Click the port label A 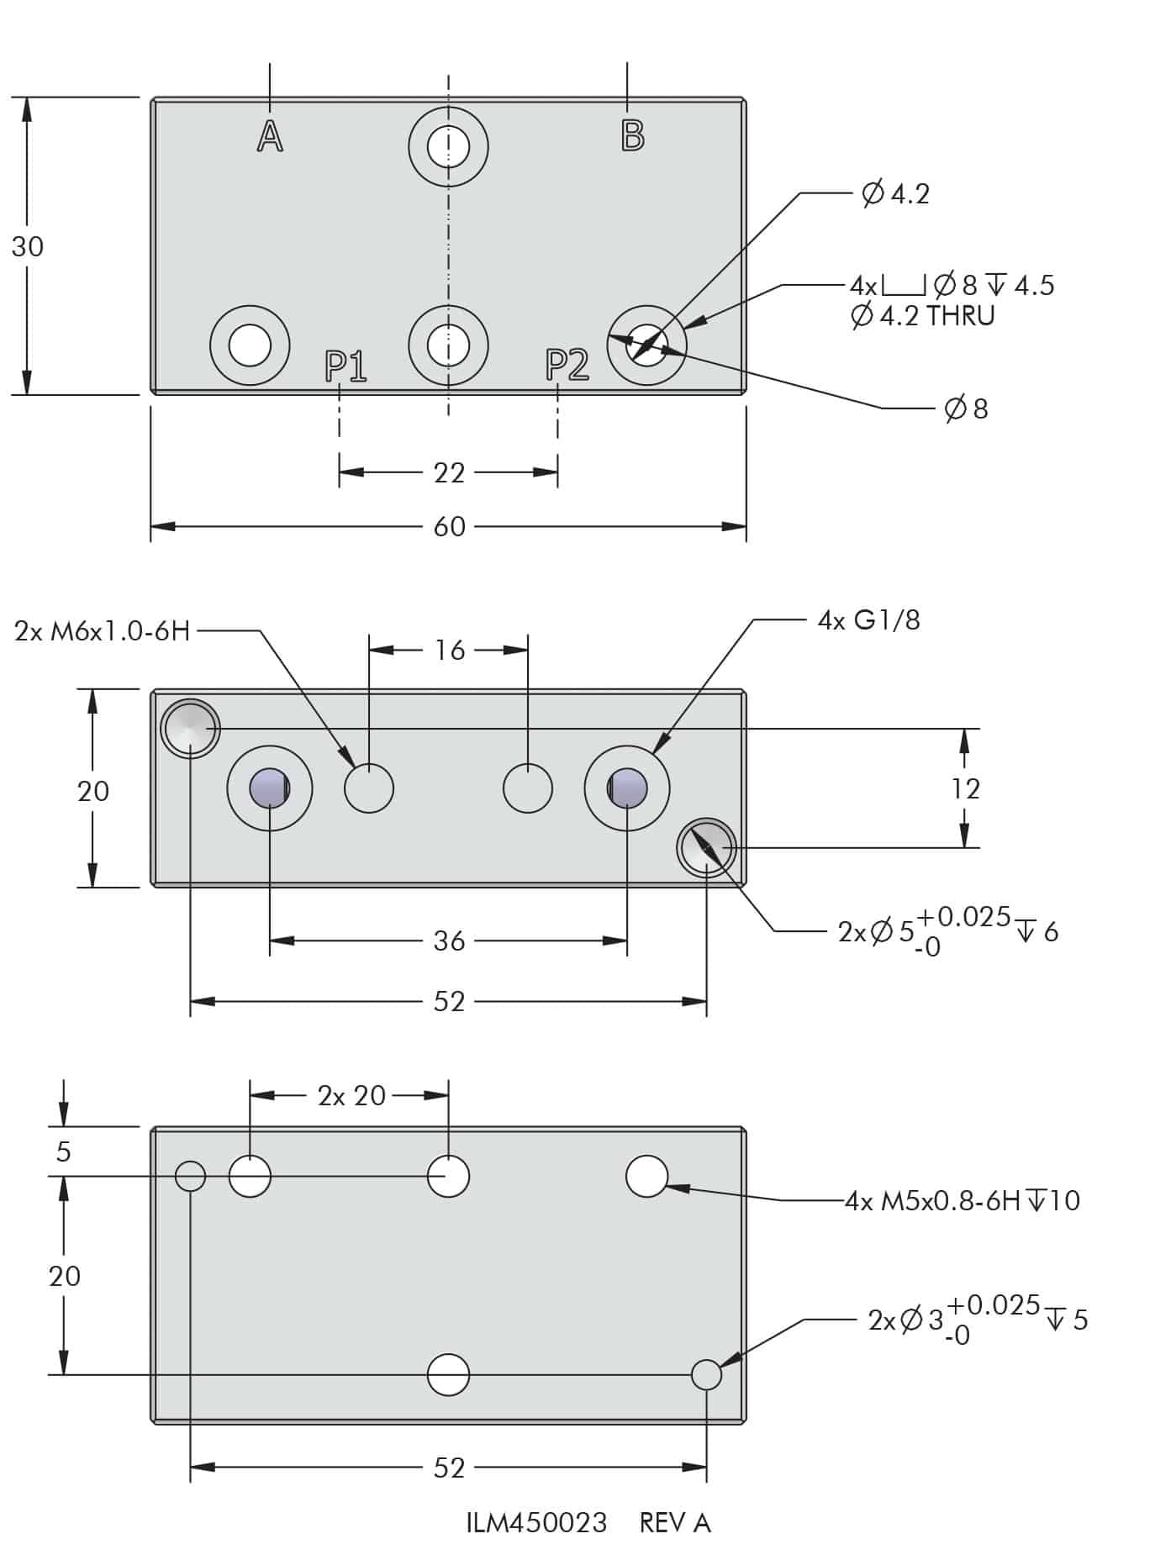tap(270, 136)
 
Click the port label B tap(632, 135)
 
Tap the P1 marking tap(346, 366)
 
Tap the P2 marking tap(567, 364)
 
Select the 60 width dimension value tap(449, 527)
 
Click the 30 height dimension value tap(28, 247)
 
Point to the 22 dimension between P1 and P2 tap(449, 473)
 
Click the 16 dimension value tap(450, 651)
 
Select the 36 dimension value tap(449, 941)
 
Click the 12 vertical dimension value tap(966, 789)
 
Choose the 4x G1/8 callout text tap(868, 621)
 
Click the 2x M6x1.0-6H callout tap(103, 631)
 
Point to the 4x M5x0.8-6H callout tap(962, 1200)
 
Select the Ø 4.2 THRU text tap(922, 317)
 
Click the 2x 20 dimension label tap(351, 1096)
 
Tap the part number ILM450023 tap(536, 1522)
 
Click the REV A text tap(675, 1522)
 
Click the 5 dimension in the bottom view tap(64, 1151)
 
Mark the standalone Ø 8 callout tap(966, 409)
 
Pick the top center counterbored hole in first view tap(448, 148)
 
